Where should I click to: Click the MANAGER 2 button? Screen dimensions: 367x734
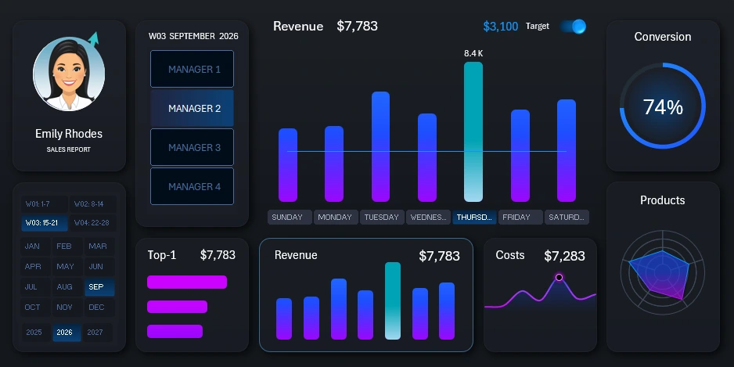tap(192, 109)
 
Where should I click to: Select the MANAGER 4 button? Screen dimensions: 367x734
tap(192, 187)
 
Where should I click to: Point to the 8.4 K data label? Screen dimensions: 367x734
tap(473, 53)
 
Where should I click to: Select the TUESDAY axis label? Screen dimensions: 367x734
tap(381, 218)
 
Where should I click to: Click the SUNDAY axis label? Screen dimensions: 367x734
tap(289, 218)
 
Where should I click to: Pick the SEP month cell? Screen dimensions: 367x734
tap(97, 287)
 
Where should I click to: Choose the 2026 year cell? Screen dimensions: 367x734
tap(65, 333)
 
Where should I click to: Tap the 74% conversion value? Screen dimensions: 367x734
tap(663, 108)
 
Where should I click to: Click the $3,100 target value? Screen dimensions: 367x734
tap(500, 27)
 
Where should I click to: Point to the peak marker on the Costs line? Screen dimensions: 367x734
tap(559, 277)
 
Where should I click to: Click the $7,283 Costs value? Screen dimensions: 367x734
tap(564, 256)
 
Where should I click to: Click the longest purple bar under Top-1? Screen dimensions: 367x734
tap(186, 282)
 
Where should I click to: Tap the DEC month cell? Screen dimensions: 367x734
tap(97, 308)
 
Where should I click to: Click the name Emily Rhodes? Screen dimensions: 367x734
tap(69, 134)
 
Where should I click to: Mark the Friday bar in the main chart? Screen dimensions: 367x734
tap(520, 155)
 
